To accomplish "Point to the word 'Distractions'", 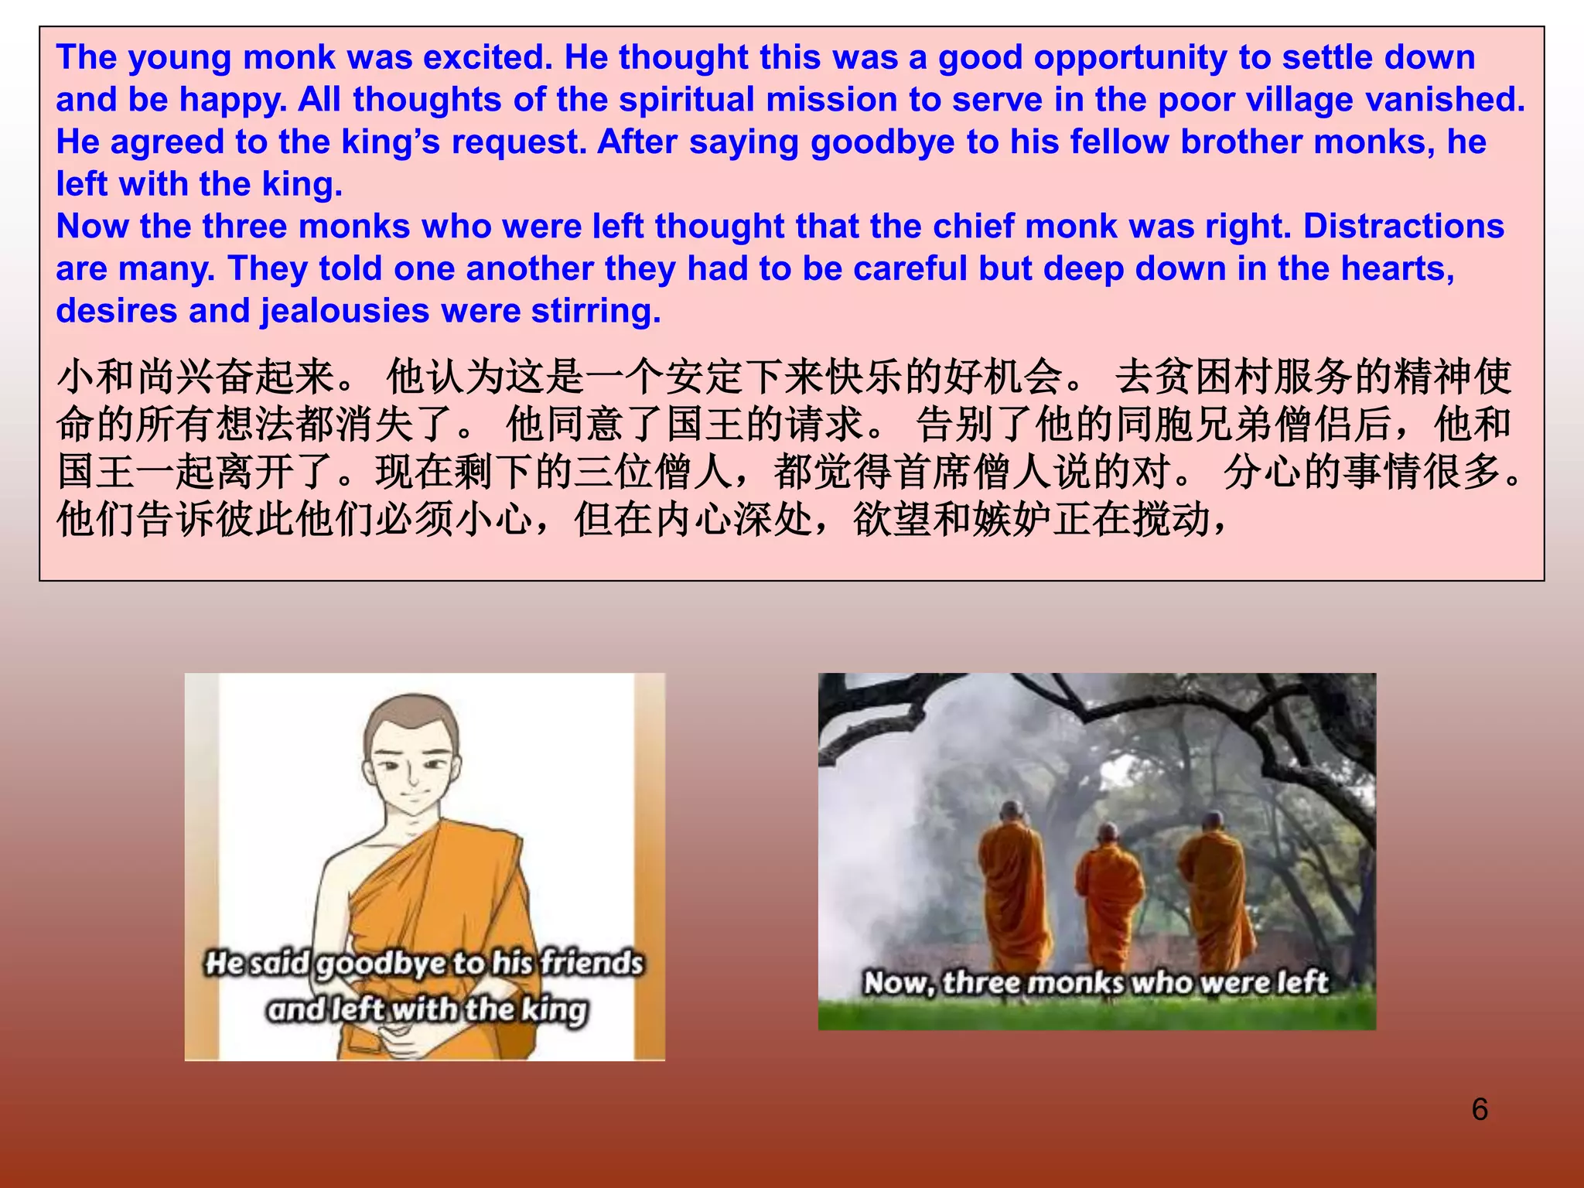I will coord(1404,227).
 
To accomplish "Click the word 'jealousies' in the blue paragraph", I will coord(345,312).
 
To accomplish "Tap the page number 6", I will coord(1479,1109).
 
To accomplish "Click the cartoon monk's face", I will coord(414,766).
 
